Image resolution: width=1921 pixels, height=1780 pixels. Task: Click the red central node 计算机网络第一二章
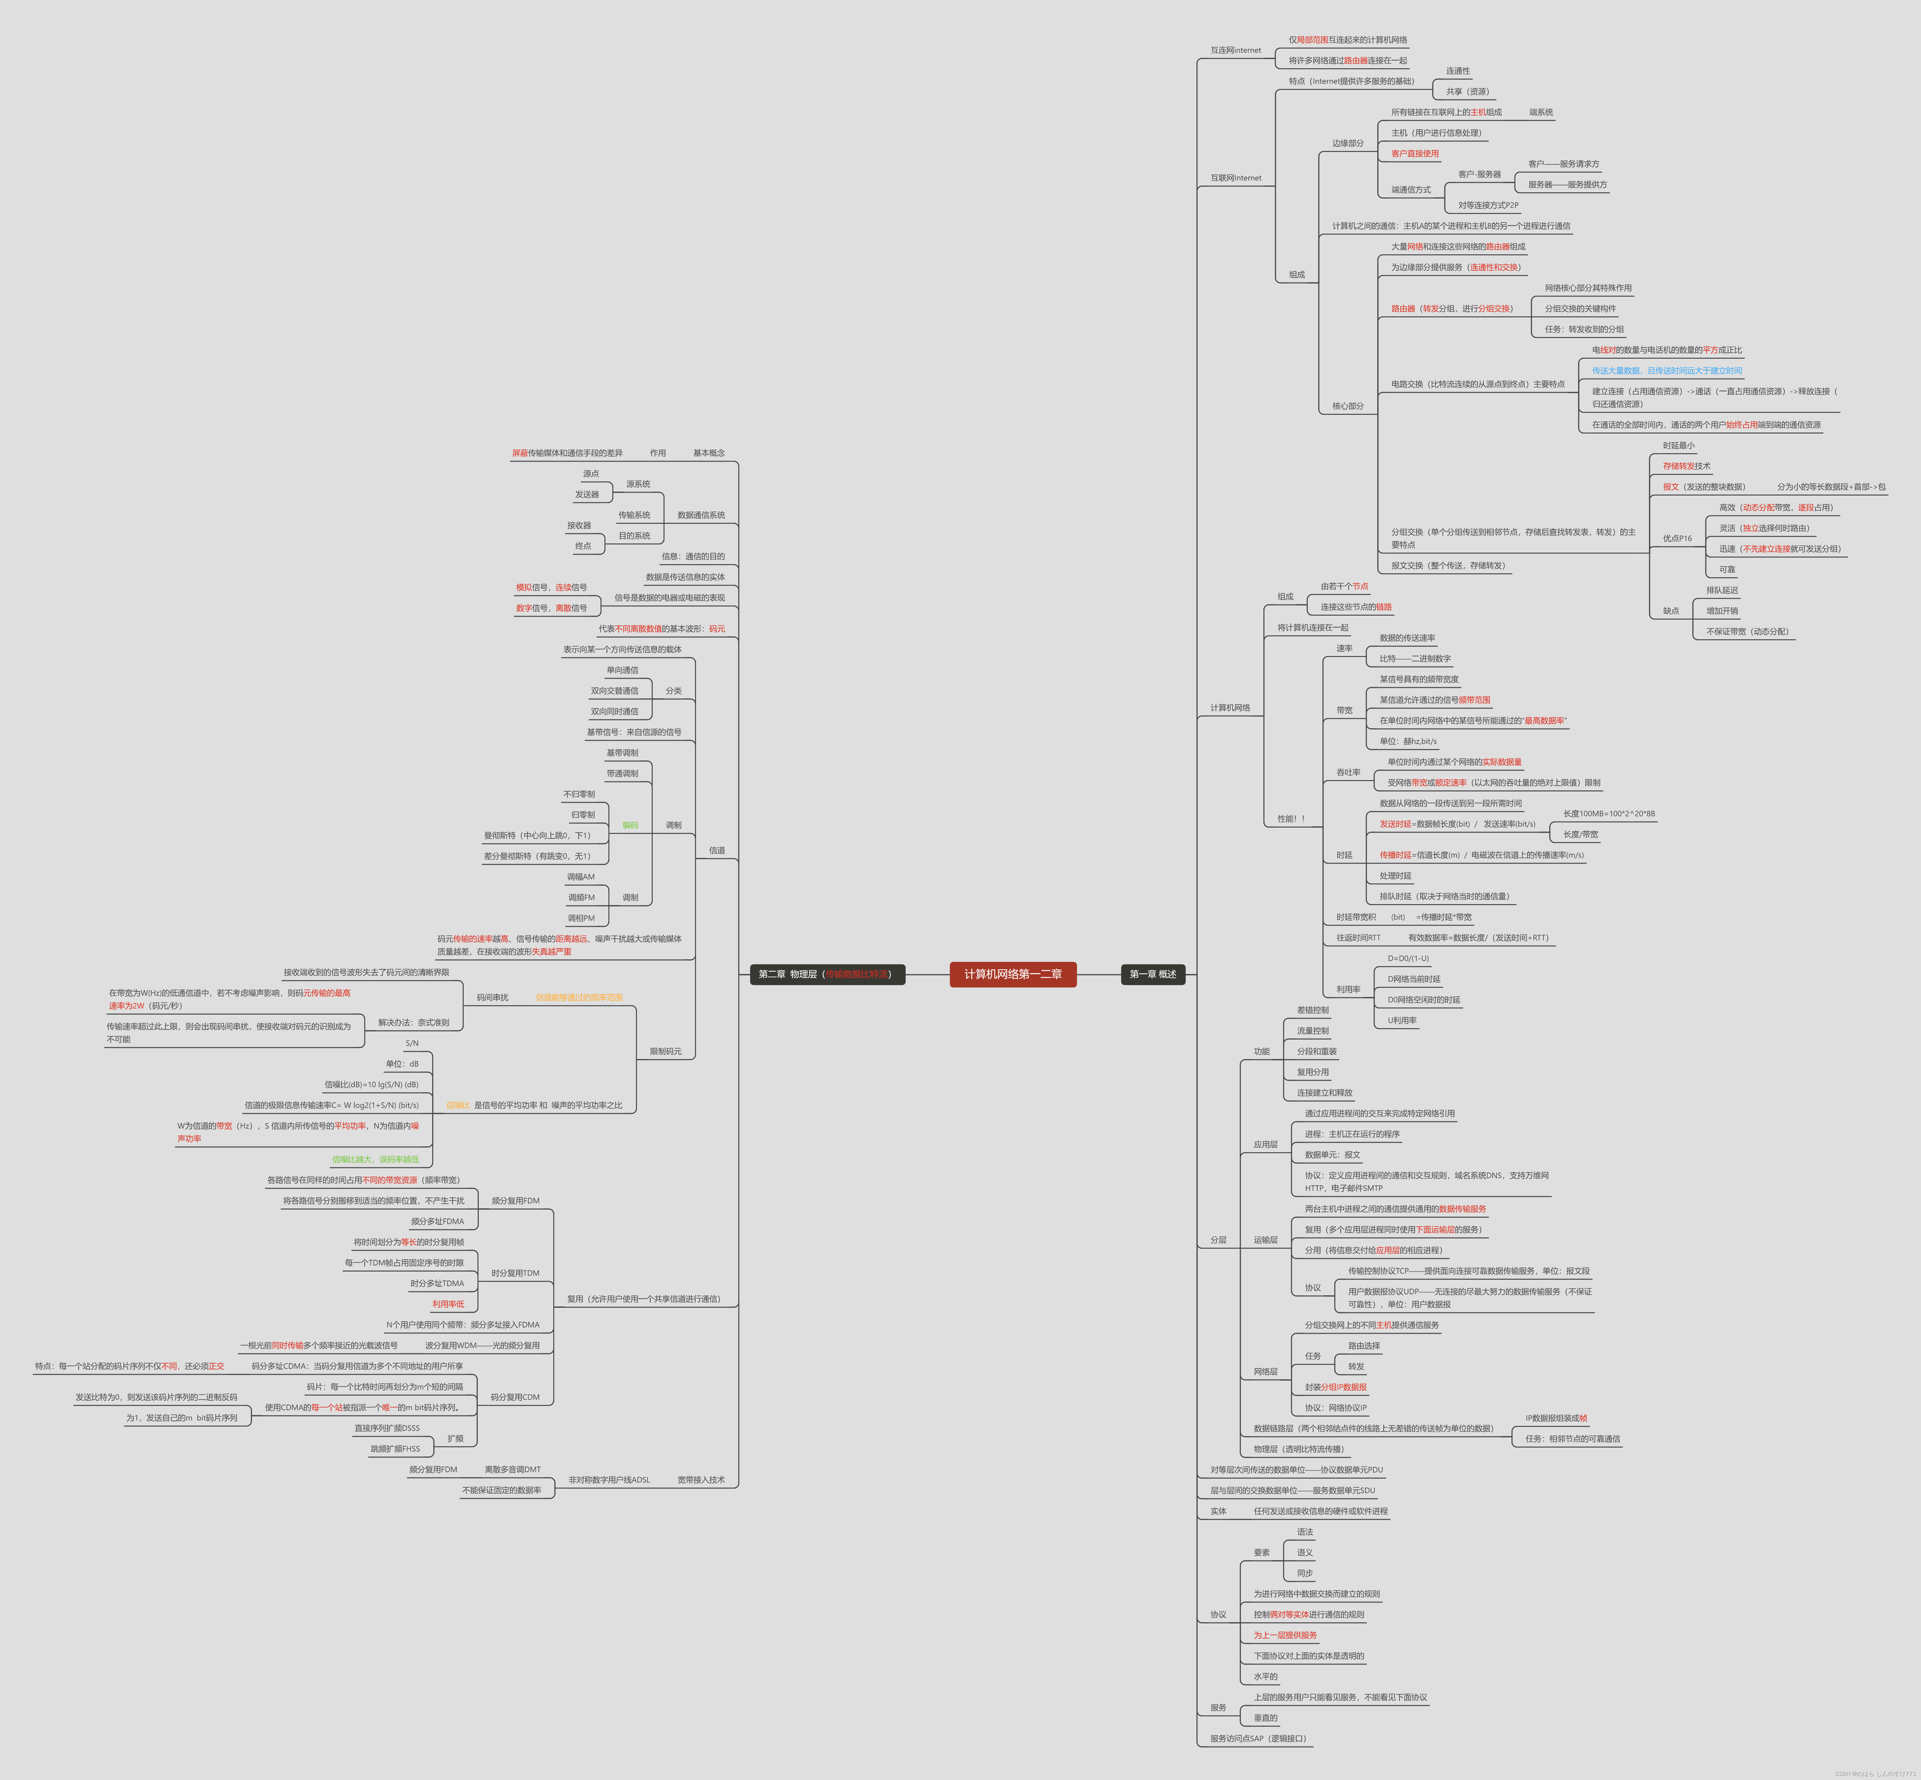click(1013, 974)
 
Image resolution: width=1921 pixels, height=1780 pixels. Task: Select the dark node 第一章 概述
click(1152, 974)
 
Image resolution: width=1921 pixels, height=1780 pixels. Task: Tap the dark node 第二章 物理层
click(827, 974)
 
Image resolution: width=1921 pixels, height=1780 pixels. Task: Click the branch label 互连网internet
click(1235, 50)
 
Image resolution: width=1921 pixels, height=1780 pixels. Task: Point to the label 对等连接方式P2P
click(1488, 205)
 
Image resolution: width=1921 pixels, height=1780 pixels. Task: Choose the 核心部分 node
click(1347, 406)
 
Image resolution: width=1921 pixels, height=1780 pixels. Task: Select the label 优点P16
click(1677, 539)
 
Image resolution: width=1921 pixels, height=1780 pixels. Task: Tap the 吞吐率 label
click(1348, 773)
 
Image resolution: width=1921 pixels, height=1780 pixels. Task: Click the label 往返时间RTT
click(1358, 937)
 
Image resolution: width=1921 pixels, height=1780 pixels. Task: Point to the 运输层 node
click(1265, 1240)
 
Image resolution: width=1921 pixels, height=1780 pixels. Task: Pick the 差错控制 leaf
click(1312, 1009)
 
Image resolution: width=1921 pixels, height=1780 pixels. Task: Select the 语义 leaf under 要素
click(1305, 1553)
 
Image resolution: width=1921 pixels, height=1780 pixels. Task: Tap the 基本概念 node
click(709, 453)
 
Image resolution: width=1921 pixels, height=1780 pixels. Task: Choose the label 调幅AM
click(581, 877)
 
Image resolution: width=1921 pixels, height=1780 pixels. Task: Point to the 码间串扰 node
click(492, 997)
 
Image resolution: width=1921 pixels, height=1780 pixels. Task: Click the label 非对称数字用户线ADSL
click(609, 1479)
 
